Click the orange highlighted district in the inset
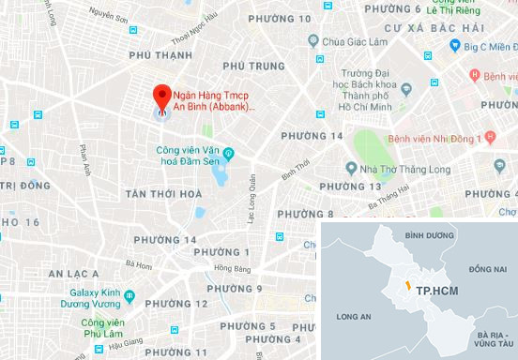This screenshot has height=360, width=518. point(406,284)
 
